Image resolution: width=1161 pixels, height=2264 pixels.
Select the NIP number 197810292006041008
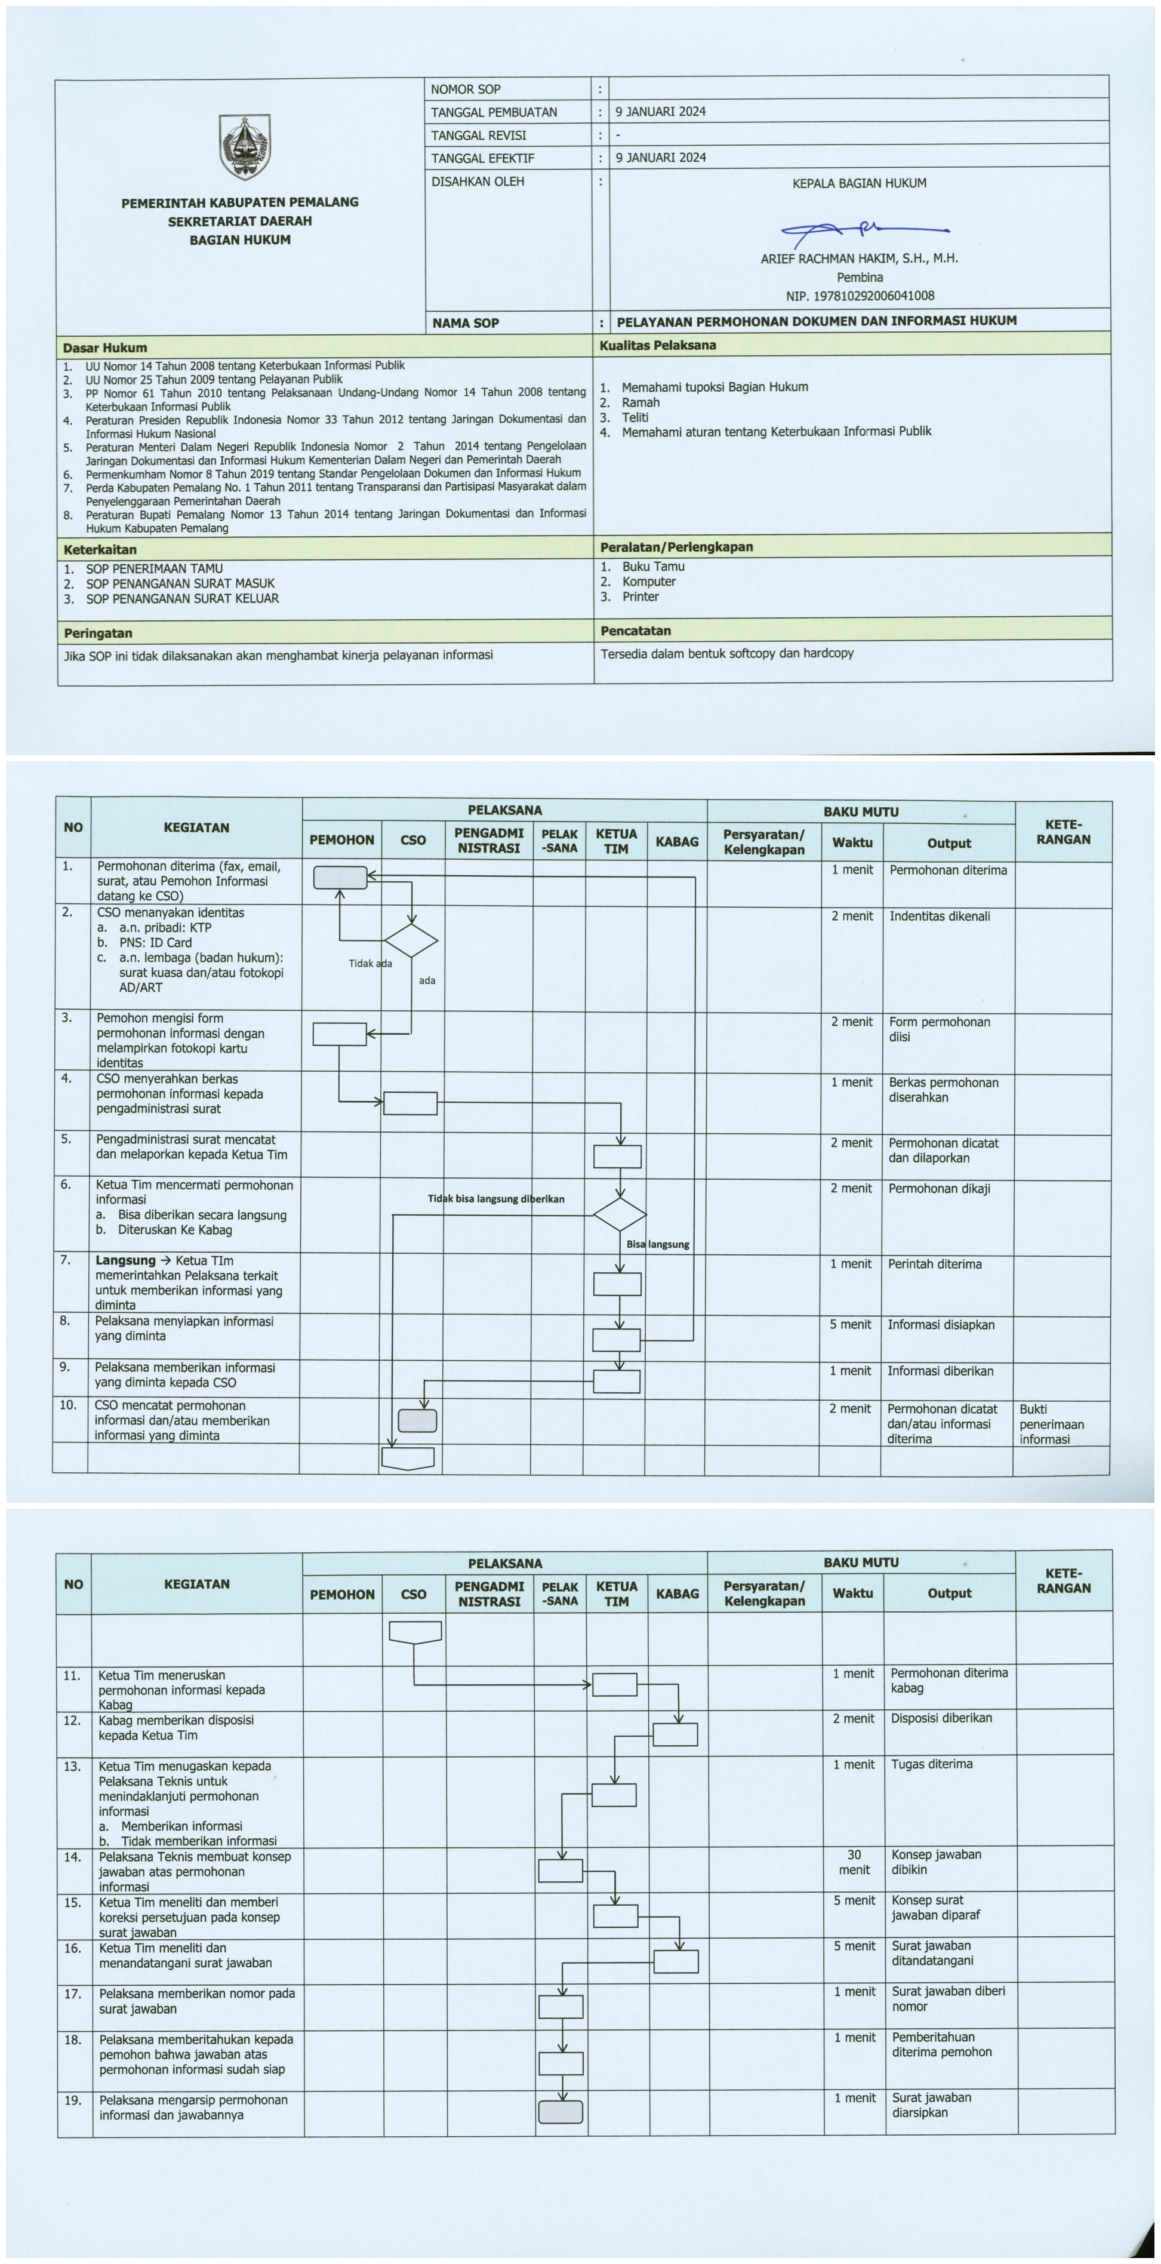pos(860,296)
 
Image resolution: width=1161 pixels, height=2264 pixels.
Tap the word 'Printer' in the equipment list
pos(640,597)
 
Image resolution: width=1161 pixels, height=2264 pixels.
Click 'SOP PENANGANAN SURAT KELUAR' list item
pos(182,598)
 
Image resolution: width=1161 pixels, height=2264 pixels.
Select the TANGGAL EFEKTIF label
pos(482,158)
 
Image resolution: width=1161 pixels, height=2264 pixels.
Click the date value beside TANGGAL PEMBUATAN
pos(660,112)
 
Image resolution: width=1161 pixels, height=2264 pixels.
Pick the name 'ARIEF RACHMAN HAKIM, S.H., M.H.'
pos(859,259)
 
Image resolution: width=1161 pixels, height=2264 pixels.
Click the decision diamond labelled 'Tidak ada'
pos(411,940)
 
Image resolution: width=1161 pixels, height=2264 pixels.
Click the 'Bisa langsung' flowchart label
pos(657,1244)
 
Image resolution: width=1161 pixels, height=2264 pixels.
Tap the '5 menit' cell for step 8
pos(850,1324)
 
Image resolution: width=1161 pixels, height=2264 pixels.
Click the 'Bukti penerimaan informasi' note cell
pos(1051,1424)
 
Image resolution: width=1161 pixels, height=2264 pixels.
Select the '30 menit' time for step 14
pos(854,1862)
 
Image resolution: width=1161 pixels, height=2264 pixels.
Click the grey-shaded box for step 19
pos(561,2112)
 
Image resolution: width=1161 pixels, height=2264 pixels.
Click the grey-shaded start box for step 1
pos(340,877)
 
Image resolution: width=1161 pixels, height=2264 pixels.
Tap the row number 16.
pos(72,1949)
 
